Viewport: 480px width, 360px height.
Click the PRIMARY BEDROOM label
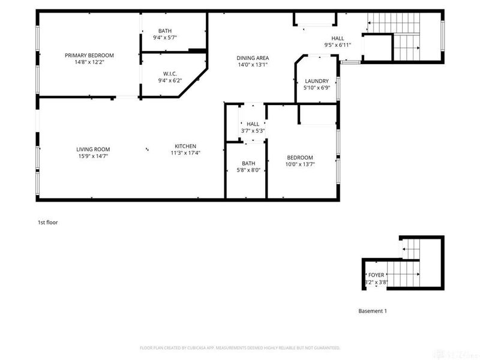89,55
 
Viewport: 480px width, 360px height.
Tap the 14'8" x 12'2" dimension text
89,62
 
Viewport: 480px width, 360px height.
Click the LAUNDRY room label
316,81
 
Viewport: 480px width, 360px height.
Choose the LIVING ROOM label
93,149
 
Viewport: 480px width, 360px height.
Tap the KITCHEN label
185,146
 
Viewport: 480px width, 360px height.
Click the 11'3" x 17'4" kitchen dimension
185,153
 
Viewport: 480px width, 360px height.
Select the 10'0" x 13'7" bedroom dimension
299,164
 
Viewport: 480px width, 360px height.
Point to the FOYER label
376,275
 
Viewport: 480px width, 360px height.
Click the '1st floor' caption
48,222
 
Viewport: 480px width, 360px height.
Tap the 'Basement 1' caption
373,311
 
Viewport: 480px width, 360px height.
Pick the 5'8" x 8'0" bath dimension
248,170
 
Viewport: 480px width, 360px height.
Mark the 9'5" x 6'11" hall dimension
338,44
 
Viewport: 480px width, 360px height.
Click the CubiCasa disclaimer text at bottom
240,347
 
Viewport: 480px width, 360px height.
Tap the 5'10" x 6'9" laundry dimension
316,88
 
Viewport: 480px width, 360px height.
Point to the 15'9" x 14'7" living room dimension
93,156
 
